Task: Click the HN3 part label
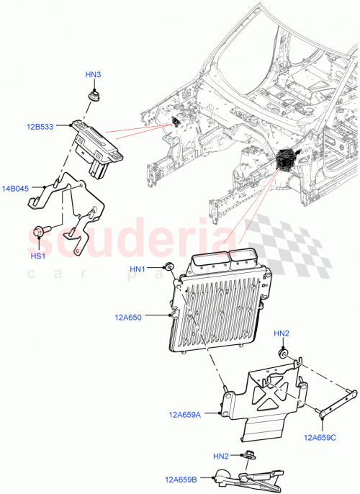click(x=93, y=74)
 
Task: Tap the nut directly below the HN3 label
click(x=93, y=94)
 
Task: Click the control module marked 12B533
click(x=98, y=145)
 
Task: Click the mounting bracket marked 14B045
click(x=72, y=205)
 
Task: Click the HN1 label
click(x=138, y=269)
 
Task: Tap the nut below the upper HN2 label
click(x=284, y=354)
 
